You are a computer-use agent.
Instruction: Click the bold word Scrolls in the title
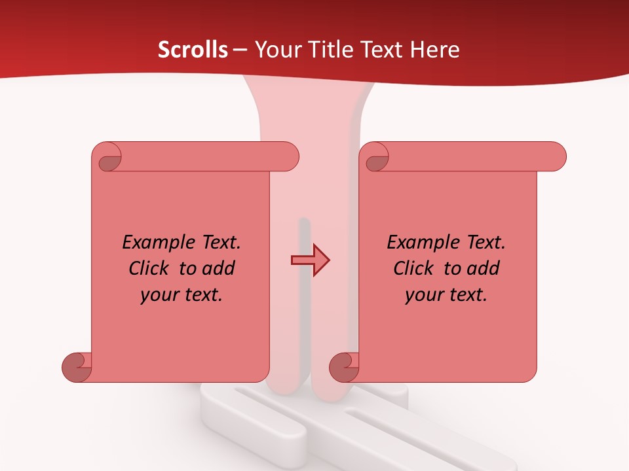pyautogui.click(x=193, y=50)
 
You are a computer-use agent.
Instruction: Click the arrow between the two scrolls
pyautogui.click(x=310, y=260)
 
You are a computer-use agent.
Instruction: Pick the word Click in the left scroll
pyautogui.click(x=149, y=268)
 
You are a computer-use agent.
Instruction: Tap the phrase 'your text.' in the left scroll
pyautogui.click(x=181, y=295)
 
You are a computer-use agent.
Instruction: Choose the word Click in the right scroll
pyautogui.click(x=413, y=268)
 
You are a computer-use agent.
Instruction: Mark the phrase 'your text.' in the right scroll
pyautogui.click(x=446, y=295)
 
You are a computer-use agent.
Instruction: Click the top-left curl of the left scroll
pyautogui.click(x=108, y=158)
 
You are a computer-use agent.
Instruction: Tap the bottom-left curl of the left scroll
pyautogui.click(x=77, y=366)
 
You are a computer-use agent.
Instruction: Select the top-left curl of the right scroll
pyautogui.click(x=376, y=158)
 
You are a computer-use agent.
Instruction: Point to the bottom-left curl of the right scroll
pyautogui.click(x=345, y=366)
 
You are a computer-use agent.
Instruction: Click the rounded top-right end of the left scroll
pyautogui.click(x=288, y=157)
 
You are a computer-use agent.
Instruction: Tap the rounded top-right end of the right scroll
pyautogui.click(x=556, y=157)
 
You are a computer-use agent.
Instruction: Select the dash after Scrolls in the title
pyautogui.click(x=240, y=50)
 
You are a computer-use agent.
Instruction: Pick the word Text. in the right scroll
pyautogui.click(x=486, y=243)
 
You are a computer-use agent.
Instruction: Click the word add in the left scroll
pyautogui.click(x=219, y=268)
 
